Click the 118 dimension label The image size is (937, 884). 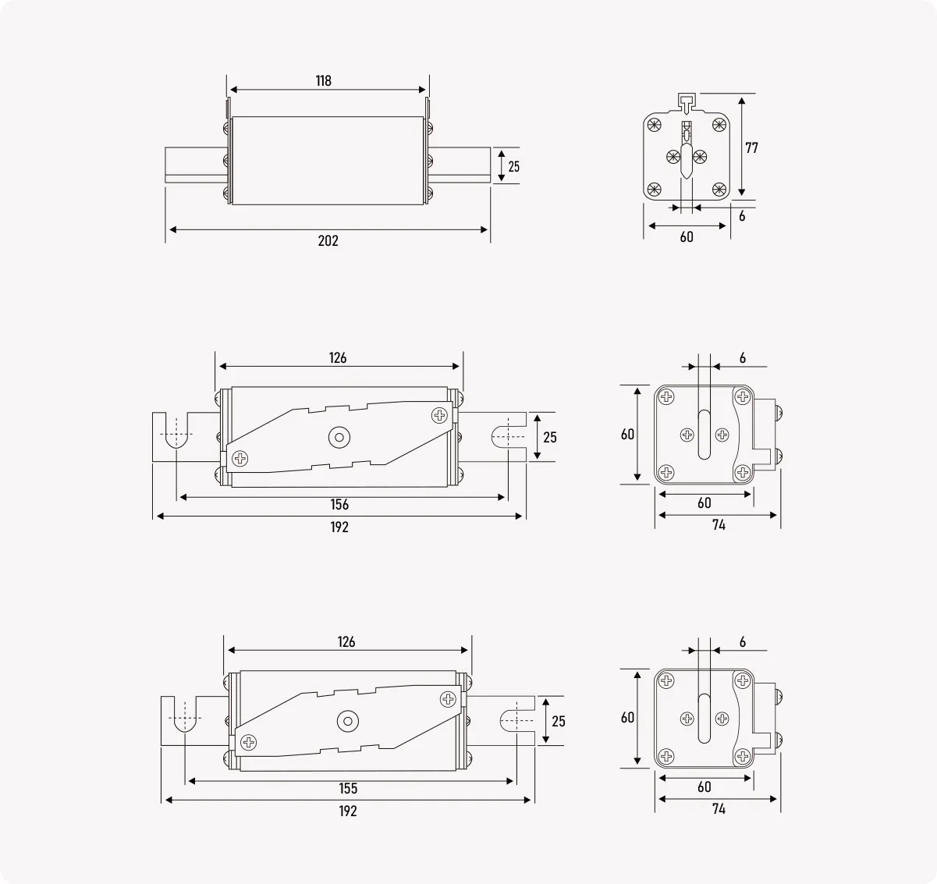[x=324, y=80]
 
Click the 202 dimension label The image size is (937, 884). [x=328, y=241]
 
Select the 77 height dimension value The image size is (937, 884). [x=751, y=147]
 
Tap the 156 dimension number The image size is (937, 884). [x=339, y=505]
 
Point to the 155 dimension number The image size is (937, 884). [x=348, y=788]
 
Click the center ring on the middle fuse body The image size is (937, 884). [x=339, y=437]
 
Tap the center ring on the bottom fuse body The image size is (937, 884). [x=348, y=721]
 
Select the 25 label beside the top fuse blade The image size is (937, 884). [x=514, y=166]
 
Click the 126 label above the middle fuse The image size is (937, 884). [x=338, y=358]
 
